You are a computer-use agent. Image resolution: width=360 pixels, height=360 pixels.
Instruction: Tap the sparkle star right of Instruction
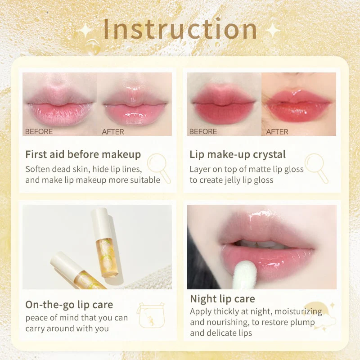tap(273, 31)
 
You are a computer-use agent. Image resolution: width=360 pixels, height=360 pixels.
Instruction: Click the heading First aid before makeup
tap(83, 154)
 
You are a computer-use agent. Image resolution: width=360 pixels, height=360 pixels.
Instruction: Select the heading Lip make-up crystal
tap(238, 154)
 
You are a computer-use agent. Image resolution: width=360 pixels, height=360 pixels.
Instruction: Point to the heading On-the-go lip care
tap(69, 305)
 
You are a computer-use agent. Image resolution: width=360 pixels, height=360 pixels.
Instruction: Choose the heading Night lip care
tap(222, 299)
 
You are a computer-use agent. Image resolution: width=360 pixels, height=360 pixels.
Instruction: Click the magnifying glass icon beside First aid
tap(159, 168)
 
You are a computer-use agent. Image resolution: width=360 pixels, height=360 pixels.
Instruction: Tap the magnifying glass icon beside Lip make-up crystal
tap(316, 168)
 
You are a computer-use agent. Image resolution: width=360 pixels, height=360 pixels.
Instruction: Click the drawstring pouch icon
tap(152, 315)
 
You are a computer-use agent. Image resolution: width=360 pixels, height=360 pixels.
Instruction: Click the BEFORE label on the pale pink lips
tap(39, 131)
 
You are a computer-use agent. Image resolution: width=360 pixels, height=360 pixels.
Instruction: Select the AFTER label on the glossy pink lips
tap(113, 131)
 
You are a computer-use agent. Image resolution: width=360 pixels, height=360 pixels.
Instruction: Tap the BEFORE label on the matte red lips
tap(203, 131)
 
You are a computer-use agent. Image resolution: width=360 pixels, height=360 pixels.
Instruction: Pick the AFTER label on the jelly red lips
tap(277, 131)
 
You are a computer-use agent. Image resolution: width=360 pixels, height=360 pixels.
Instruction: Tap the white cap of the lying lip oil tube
tap(63, 262)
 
